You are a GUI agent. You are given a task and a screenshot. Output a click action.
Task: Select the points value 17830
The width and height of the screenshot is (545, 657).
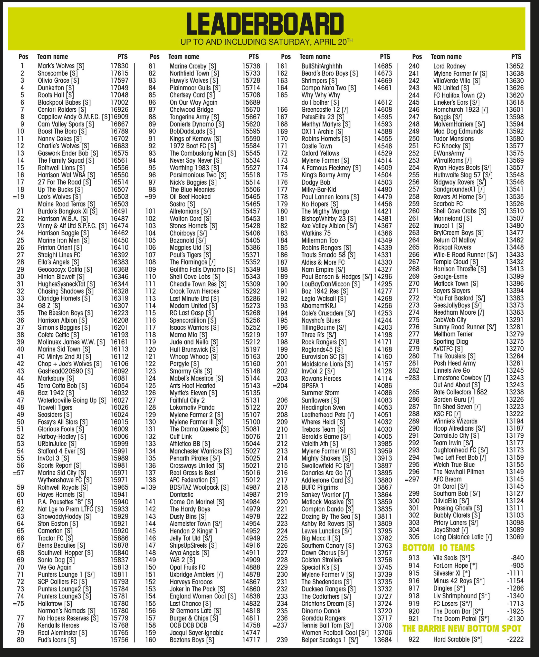click(x=119, y=66)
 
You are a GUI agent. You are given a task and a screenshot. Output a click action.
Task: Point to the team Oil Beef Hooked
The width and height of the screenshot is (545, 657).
click(x=190, y=197)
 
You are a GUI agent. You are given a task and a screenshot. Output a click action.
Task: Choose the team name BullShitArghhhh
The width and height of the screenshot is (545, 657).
click(x=322, y=66)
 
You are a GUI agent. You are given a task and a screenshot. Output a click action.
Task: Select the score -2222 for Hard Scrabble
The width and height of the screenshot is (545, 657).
click(x=515, y=639)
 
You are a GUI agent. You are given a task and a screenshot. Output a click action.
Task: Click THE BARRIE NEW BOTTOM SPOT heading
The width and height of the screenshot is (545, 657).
click(x=462, y=629)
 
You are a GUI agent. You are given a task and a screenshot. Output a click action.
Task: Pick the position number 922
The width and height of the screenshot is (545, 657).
click(x=414, y=639)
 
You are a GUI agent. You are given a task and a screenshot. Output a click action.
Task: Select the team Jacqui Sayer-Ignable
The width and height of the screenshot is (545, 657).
click(x=196, y=633)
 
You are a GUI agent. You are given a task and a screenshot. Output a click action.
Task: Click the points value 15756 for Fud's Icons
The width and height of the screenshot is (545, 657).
click(x=119, y=640)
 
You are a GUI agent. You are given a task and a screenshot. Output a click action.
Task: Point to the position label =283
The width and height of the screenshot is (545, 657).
click(x=412, y=378)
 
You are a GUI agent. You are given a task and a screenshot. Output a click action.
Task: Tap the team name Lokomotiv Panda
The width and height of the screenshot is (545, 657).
click(x=192, y=407)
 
